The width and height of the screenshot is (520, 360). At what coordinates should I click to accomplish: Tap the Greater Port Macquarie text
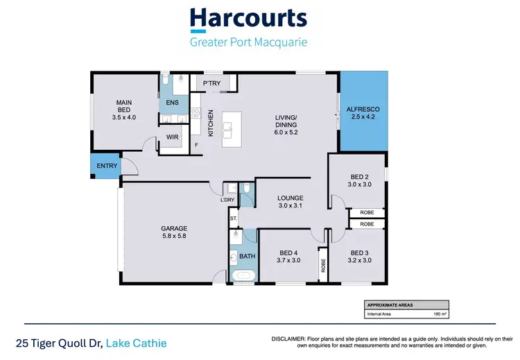click(248, 42)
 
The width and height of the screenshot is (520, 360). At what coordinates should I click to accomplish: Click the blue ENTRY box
click(107, 166)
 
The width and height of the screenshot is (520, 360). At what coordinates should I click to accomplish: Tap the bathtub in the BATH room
click(244, 277)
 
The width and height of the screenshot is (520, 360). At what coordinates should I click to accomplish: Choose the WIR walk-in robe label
click(173, 137)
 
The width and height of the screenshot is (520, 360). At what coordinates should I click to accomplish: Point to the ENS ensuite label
click(173, 103)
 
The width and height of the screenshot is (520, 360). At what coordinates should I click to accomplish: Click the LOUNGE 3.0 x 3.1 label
click(291, 202)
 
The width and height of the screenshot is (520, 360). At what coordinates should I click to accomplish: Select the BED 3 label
click(360, 256)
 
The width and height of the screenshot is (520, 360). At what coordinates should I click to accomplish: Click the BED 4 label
click(289, 256)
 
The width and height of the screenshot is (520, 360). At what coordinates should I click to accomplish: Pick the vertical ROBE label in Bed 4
click(323, 265)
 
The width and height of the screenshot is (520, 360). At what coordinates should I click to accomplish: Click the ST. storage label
click(233, 218)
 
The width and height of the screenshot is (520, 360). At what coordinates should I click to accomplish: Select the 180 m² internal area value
click(437, 314)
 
